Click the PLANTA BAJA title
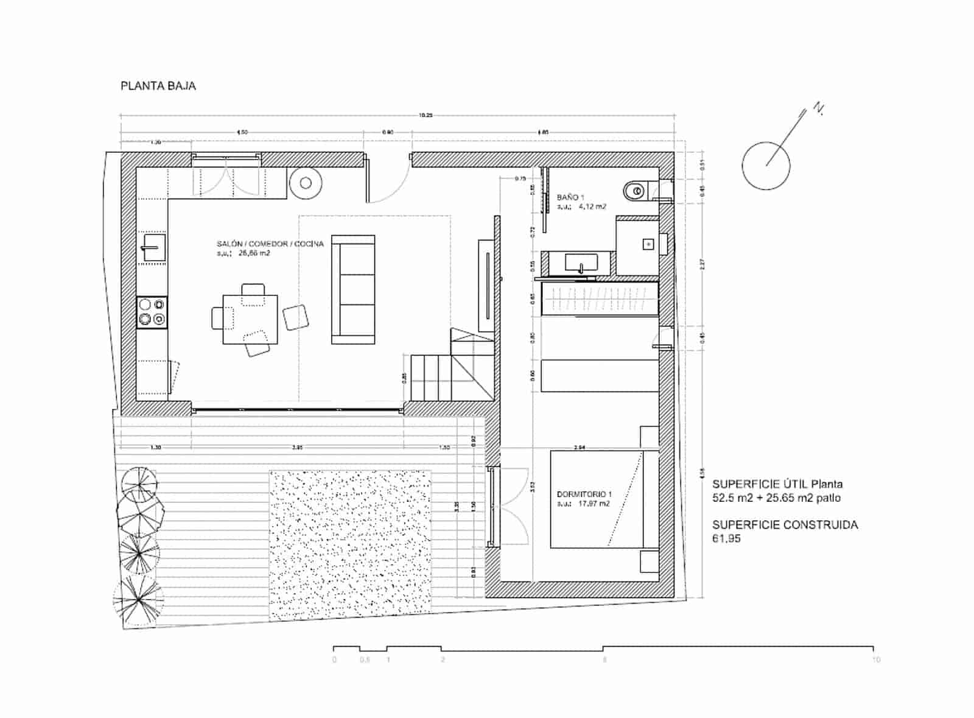158,86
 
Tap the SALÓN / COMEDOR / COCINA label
270,244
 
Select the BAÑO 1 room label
570,197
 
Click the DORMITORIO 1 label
584,494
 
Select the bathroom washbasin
581,263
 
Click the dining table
250,320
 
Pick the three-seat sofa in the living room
352,289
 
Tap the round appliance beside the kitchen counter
306,183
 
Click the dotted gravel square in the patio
351,545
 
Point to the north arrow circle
766,166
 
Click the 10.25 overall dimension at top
426,115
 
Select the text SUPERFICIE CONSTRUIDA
785,525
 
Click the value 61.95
726,538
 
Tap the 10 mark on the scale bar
875,660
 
